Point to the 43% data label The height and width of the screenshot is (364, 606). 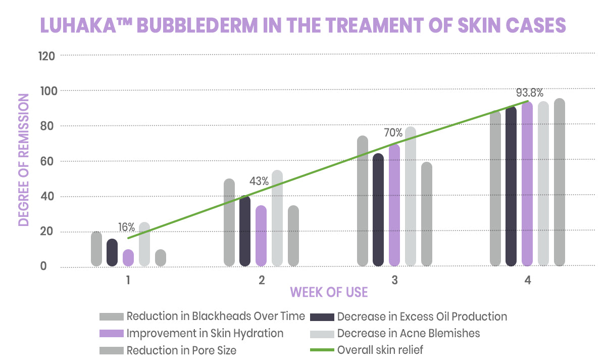(259, 180)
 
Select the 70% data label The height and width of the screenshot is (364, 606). (393, 133)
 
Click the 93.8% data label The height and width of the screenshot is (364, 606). (529, 93)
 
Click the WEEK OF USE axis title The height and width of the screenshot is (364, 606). (328, 292)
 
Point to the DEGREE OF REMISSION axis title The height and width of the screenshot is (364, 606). (23, 161)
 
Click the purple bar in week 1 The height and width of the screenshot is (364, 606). (128, 258)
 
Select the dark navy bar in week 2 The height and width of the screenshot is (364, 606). (245, 231)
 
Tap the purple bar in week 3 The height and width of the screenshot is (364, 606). (394, 205)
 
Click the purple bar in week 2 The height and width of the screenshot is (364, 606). (261, 236)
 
